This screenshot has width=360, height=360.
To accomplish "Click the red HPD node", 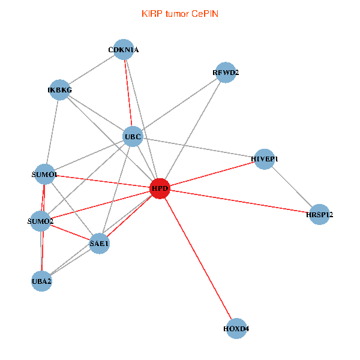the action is pyautogui.click(x=160, y=188).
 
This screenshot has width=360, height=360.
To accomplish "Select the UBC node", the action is pyautogui.click(x=133, y=137).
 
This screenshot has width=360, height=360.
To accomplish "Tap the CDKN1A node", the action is pyautogui.click(x=124, y=50).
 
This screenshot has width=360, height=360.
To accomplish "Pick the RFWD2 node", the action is pyautogui.click(x=226, y=73).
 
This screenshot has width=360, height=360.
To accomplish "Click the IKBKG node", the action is pyautogui.click(x=60, y=90).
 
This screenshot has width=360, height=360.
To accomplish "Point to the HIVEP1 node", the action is pyautogui.click(x=265, y=159).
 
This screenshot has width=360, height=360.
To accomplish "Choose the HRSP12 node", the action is pyautogui.click(x=319, y=214).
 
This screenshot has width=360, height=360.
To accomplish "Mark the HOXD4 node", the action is pyautogui.click(x=236, y=329).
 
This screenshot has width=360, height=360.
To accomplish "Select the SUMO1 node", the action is pyautogui.click(x=45, y=174).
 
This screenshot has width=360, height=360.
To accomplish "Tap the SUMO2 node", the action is pyautogui.click(x=40, y=221).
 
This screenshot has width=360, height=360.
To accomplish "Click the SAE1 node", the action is pyautogui.click(x=100, y=244).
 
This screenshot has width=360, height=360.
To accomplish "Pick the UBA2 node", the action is pyautogui.click(x=41, y=281).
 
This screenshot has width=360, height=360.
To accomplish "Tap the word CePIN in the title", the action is pyautogui.click(x=205, y=14).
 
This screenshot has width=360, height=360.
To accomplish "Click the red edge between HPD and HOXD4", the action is pyautogui.click(x=198, y=259).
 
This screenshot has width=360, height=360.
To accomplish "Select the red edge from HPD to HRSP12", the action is pyautogui.click(x=239, y=202).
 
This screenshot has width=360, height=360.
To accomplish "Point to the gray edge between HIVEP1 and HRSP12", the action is pyautogui.click(x=292, y=187).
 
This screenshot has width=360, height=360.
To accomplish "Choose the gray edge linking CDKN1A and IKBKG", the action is pyautogui.click(x=92, y=70).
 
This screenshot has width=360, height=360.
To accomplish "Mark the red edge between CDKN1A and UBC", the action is pyautogui.click(x=128, y=93).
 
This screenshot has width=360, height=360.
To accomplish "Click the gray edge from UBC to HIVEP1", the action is pyautogui.click(x=199, y=148).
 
